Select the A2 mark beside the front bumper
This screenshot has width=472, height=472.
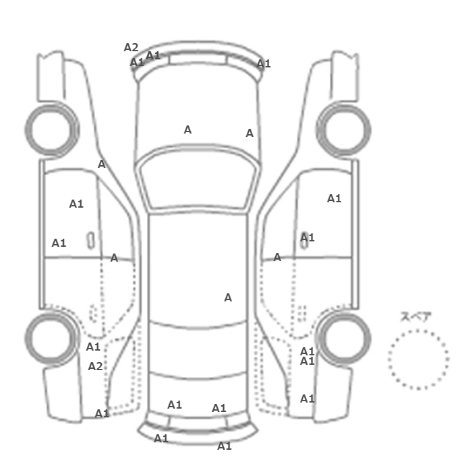click(x=131, y=47)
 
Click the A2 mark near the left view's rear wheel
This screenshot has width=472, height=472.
click(x=95, y=366)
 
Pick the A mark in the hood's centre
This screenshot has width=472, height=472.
click(x=187, y=129)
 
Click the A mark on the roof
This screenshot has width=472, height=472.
click(x=228, y=298)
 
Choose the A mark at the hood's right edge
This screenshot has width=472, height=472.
click(x=249, y=133)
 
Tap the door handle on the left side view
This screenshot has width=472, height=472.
click(x=90, y=241)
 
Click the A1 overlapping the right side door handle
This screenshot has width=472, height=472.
click(x=307, y=238)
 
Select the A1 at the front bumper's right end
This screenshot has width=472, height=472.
click(x=264, y=63)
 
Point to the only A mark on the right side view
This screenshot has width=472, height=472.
click(x=277, y=257)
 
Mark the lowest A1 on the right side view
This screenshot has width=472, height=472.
click(x=307, y=399)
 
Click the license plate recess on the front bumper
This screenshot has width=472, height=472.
click(x=198, y=59)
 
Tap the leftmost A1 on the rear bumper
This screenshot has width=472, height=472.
click(x=161, y=438)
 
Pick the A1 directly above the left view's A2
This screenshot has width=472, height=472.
click(x=93, y=347)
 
